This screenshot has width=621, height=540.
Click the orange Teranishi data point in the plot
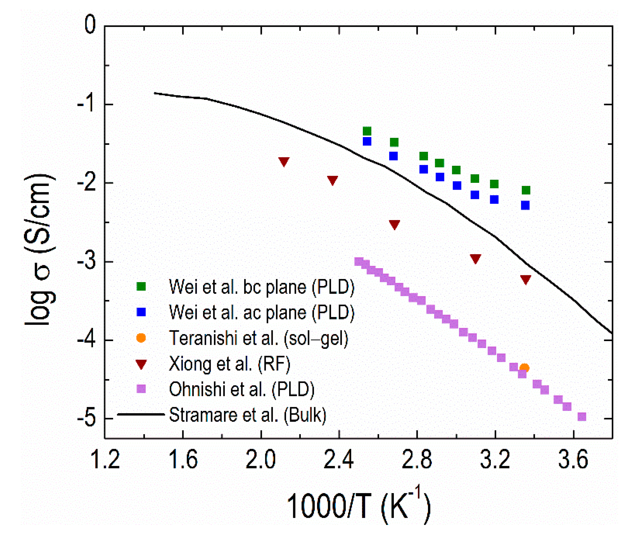pos(525,368)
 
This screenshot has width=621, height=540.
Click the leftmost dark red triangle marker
pos(284,161)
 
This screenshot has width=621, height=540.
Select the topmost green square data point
pos(367,131)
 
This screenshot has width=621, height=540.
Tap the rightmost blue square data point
pos(525,205)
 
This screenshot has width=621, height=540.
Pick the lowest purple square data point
pos(582,417)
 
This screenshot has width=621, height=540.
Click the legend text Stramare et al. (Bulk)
pos(247,415)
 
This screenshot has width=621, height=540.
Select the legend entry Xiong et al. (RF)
pos(229,364)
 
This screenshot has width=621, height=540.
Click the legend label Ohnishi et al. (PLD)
pos(242,389)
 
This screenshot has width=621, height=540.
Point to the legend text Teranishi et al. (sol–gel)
pos(258,338)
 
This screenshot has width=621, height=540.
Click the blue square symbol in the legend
pos(141,312)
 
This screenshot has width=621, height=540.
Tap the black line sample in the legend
pos(141,414)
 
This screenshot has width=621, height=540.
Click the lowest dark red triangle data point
pos(525,279)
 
